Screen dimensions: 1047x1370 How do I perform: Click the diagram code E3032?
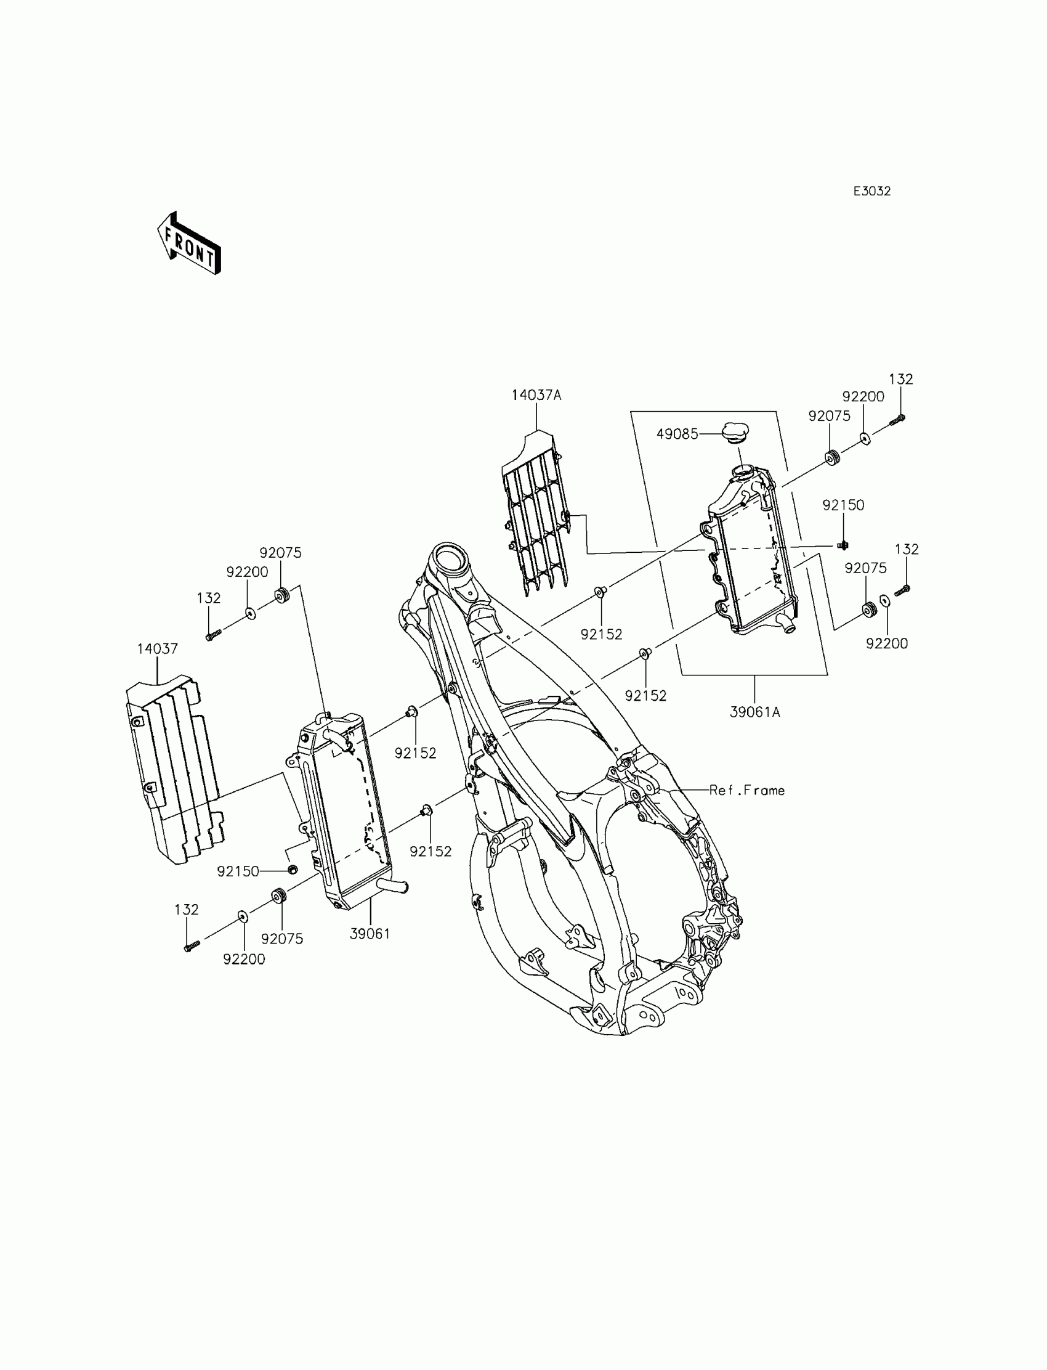[872, 192]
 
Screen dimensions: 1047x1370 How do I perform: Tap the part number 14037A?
[536, 396]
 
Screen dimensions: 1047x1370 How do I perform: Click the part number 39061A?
[754, 712]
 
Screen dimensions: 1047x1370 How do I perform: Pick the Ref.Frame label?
[746, 791]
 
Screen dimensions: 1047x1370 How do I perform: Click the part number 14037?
[158, 649]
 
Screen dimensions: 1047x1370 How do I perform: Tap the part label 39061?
[370, 934]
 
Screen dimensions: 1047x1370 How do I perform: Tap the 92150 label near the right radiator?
[843, 505]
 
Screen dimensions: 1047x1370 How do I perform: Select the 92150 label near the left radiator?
[238, 872]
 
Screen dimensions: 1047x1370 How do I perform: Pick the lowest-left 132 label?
[187, 910]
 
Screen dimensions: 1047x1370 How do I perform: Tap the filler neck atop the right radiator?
[742, 471]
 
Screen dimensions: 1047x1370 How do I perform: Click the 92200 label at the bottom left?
[244, 960]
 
